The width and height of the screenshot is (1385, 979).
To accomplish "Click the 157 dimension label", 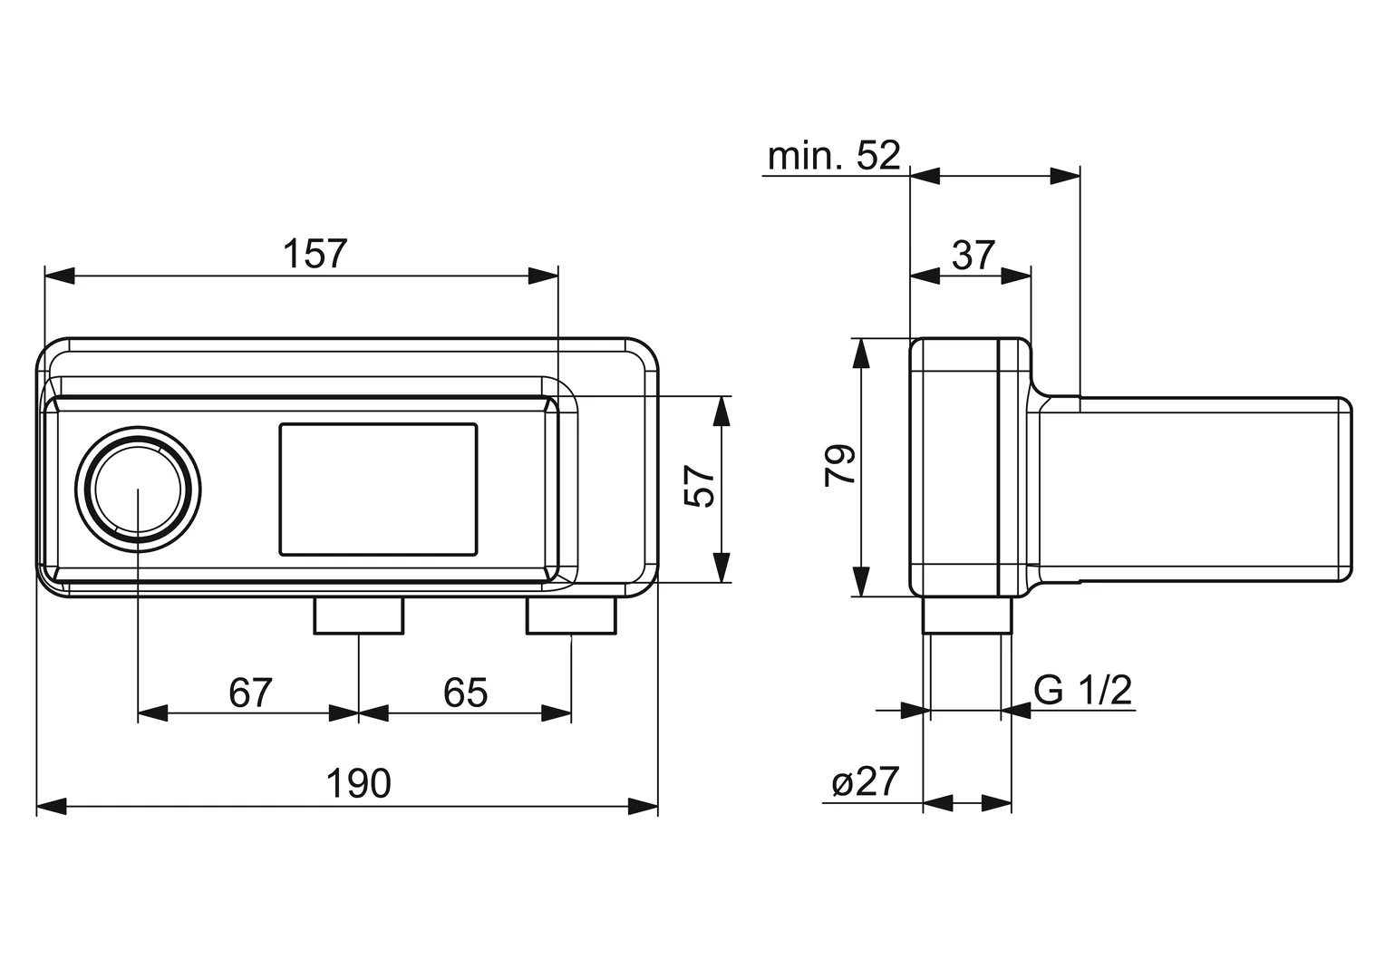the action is pyautogui.click(x=315, y=254).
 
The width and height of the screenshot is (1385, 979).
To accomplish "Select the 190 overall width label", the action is pyautogui.click(x=359, y=783).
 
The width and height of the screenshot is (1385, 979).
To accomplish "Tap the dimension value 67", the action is pyautogui.click(x=250, y=693).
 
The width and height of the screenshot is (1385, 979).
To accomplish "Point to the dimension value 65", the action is pyautogui.click(x=466, y=693).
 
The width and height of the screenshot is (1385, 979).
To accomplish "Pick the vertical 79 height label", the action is pyautogui.click(x=840, y=465).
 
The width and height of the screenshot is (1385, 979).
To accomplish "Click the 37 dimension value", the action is pyautogui.click(x=973, y=255).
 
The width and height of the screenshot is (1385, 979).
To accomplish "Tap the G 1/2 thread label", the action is pyautogui.click(x=1082, y=690).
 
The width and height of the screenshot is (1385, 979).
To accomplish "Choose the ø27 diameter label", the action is pyautogui.click(x=865, y=781).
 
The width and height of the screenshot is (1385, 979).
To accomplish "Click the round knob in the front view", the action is pyautogui.click(x=138, y=489).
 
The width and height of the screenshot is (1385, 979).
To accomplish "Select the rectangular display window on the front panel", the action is pyautogui.click(x=378, y=489).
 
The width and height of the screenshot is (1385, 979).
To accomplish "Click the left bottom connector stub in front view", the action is pyautogui.click(x=359, y=616).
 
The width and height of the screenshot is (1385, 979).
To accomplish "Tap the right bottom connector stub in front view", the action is pyautogui.click(x=571, y=616).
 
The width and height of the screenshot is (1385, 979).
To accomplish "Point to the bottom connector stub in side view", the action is pyautogui.click(x=967, y=616).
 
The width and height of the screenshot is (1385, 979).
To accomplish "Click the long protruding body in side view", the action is pyautogui.click(x=1195, y=489).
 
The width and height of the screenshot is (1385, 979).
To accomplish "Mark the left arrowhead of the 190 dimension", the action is pyautogui.click(x=52, y=807).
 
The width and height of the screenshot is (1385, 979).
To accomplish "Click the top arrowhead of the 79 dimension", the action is pyautogui.click(x=861, y=354).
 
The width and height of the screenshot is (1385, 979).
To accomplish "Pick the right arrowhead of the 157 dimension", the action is pyautogui.click(x=544, y=276).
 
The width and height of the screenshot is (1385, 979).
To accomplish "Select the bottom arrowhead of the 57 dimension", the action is pyautogui.click(x=721, y=567).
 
